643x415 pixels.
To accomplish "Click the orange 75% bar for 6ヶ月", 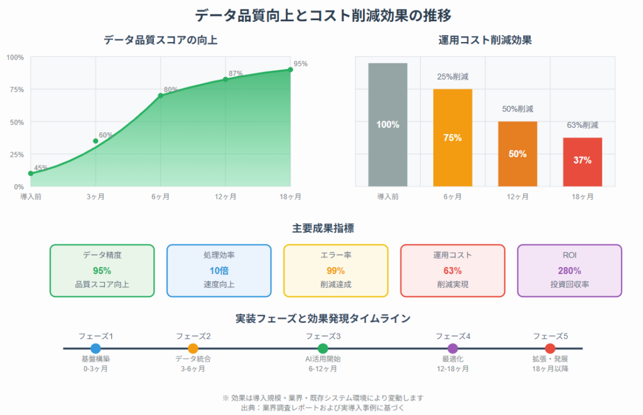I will [x=452, y=138].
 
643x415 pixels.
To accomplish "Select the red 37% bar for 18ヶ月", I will [x=582, y=162].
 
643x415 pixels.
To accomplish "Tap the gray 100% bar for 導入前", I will [x=387, y=125].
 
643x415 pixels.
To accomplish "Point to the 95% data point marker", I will [x=290, y=69].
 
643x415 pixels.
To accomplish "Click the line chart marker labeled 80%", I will [x=160, y=95].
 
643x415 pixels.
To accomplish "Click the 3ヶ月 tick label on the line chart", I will [x=95, y=197].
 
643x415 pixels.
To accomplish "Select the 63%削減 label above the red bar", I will [x=582, y=125].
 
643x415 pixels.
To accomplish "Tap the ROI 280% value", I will [x=569, y=271].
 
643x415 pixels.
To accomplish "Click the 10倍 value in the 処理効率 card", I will [x=219, y=271].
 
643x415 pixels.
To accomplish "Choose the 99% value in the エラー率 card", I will [x=335, y=271].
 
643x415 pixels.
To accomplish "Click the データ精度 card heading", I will [x=102, y=255].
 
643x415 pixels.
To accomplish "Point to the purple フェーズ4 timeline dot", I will [x=453, y=349].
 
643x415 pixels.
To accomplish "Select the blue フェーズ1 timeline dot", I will [x=95, y=349].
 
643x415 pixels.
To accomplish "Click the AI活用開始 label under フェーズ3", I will [x=323, y=359].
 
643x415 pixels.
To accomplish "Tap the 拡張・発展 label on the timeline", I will [x=550, y=359].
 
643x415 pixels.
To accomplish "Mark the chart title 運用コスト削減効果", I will [x=485, y=41].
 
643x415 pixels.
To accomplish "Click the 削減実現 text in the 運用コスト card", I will [x=452, y=285].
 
